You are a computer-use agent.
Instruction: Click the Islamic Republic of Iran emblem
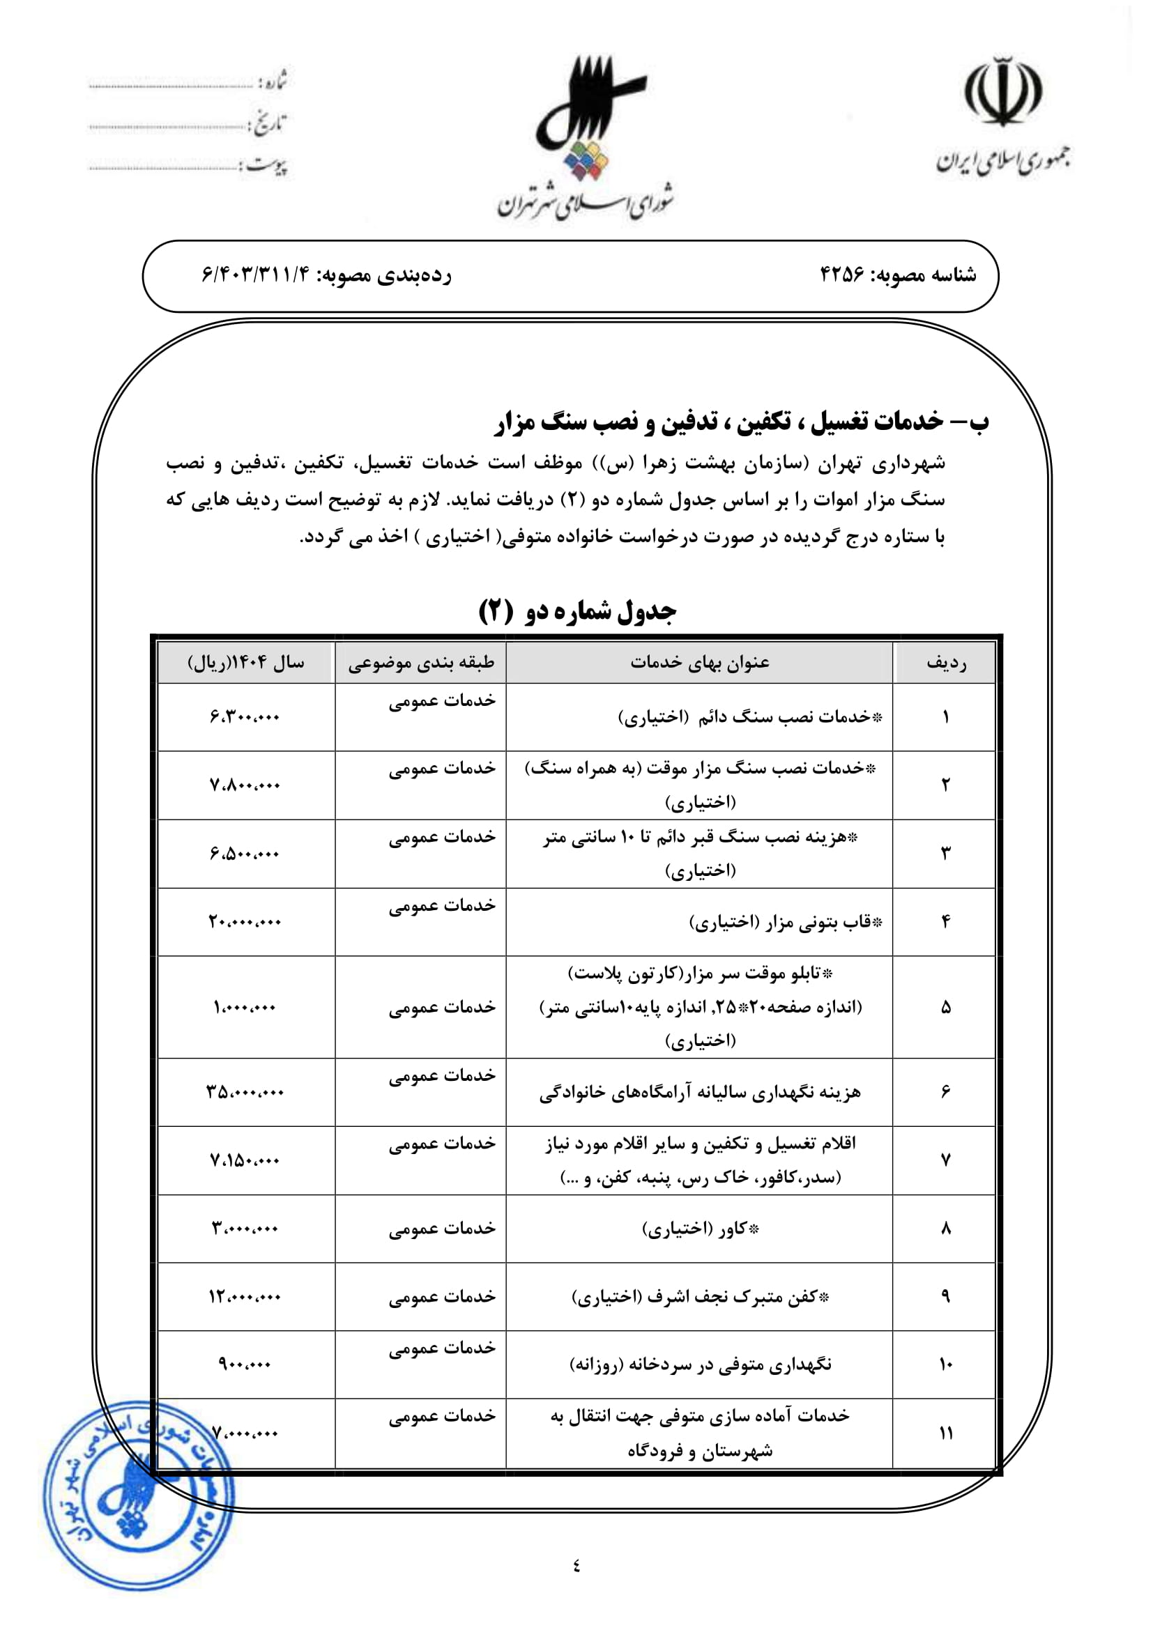click(1002, 91)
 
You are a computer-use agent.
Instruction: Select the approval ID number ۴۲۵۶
click(842, 275)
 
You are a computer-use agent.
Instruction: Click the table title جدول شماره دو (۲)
click(577, 611)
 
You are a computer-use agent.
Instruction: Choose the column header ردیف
click(946, 663)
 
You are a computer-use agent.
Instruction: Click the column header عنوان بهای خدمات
click(699, 663)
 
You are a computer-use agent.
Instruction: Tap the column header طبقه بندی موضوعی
click(421, 663)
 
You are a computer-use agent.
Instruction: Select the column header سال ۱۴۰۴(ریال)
click(245, 663)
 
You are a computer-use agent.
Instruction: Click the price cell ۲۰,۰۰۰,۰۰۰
click(245, 922)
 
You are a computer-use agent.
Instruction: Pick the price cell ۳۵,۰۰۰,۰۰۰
click(245, 1092)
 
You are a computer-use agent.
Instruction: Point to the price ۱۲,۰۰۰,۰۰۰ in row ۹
click(245, 1297)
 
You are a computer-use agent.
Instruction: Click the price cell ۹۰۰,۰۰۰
click(245, 1364)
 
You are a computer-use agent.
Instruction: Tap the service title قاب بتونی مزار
click(785, 922)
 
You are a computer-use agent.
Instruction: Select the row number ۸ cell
click(946, 1229)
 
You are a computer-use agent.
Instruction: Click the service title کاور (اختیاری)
click(700, 1229)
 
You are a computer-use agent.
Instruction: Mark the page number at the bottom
click(576, 1564)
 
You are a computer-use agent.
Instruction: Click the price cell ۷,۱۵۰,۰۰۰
click(245, 1161)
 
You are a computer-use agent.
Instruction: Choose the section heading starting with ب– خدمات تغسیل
click(741, 422)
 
